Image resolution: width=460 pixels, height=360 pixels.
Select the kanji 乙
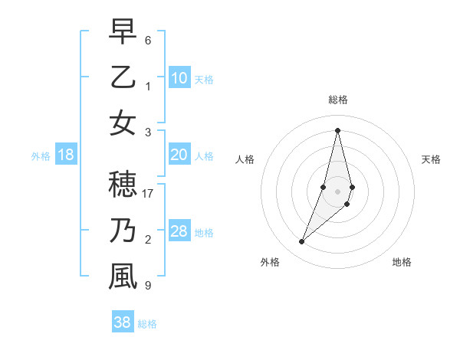(x=123, y=77)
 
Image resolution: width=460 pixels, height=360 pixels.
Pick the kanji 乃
(x=123, y=231)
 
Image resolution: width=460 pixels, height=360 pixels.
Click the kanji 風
(x=123, y=277)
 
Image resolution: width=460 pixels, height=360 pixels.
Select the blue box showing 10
(x=179, y=77)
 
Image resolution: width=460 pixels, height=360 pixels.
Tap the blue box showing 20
(x=179, y=155)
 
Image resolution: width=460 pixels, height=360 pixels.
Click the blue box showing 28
(x=179, y=231)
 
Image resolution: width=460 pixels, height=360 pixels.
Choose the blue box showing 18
(x=66, y=155)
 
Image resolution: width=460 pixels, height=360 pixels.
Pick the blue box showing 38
(x=122, y=322)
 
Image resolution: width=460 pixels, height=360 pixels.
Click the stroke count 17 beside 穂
(x=149, y=194)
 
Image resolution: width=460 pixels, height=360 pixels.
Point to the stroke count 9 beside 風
(x=148, y=286)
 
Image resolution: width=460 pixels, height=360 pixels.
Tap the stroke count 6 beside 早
(x=148, y=40)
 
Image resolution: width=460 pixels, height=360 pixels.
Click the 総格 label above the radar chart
(x=337, y=100)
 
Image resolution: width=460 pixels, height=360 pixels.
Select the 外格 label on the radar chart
(x=269, y=262)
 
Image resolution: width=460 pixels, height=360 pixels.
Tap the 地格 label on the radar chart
(x=402, y=262)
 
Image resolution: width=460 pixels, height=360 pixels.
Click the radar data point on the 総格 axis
(x=337, y=129)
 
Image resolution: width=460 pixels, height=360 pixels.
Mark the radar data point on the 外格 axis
(x=301, y=242)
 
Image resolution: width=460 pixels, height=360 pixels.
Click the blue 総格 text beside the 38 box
(x=147, y=324)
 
